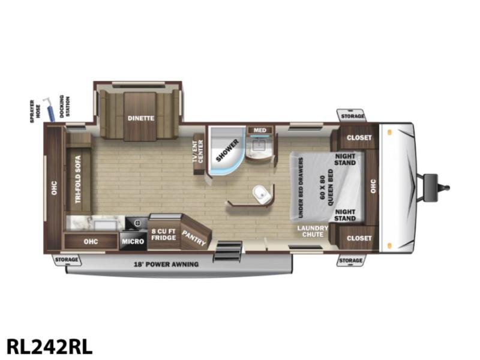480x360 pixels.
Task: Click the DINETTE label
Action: tap(141, 118)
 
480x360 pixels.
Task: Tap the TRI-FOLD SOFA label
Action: tap(78, 179)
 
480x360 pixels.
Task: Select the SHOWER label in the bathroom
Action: tap(227, 151)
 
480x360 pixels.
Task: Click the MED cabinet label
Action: tap(260, 130)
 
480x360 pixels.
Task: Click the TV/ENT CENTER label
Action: tap(198, 151)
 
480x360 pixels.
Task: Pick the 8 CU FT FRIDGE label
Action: tap(163, 235)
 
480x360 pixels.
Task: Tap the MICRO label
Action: tap(133, 242)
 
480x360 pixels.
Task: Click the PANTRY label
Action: tap(194, 238)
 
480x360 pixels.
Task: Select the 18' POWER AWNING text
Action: tap(166, 264)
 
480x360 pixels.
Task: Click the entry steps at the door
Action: tap(229, 251)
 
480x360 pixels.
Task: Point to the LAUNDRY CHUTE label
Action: tap(313, 231)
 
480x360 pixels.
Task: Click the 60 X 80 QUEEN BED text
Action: tap(326, 188)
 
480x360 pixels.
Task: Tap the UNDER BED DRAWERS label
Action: tap(301, 188)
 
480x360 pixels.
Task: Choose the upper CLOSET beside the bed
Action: tap(359, 137)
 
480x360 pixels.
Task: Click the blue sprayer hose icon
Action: tap(49, 110)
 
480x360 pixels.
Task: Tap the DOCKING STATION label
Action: tap(65, 106)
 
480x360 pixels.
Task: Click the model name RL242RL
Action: tap(49, 347)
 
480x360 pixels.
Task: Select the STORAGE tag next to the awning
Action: tap(67, 260)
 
